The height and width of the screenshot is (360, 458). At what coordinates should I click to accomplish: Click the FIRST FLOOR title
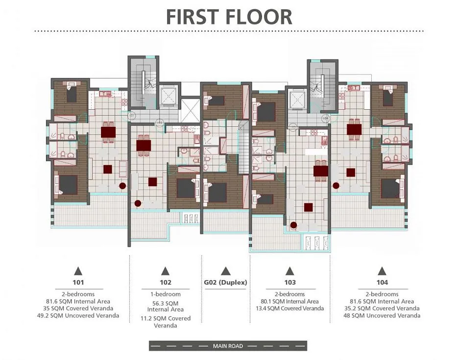[x=229, y=17]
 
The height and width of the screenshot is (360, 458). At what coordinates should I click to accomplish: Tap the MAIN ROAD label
[x=228, y=346]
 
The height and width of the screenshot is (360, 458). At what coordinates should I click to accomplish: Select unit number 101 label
[x=78, y=282]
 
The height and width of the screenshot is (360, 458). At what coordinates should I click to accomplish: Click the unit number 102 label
[x=166, y=282]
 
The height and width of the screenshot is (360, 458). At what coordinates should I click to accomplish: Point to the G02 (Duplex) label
[x=225, y=282]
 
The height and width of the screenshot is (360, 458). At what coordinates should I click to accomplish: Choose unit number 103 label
[x=290, y=282]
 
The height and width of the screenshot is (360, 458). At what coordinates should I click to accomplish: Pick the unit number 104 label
[x=382, y=282]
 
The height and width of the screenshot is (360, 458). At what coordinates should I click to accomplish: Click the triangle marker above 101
[x=78, y=271]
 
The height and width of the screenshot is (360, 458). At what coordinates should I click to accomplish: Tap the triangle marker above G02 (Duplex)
[x=225, y=271]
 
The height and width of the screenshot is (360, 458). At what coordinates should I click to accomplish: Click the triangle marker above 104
[x=382, y=271]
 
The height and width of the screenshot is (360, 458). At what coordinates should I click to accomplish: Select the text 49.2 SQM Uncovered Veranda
[x=78, y=315]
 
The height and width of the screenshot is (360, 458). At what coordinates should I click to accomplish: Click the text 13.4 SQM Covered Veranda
[x=290, y=308]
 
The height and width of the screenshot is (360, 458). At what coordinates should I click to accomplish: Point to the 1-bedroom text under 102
[x=166, y=294]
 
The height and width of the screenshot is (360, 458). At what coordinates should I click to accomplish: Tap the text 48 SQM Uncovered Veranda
[x=382, y=315]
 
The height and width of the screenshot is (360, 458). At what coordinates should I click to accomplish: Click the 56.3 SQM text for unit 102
[x=166, y=303]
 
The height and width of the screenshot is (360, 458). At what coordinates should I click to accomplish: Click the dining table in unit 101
[x=108, y=132]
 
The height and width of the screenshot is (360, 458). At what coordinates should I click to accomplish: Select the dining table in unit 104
[x=354, y=129]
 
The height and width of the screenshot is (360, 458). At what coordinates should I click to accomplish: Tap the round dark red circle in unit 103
[x=293, y=225]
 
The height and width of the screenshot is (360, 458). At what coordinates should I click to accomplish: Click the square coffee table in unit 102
[x=152, y=182]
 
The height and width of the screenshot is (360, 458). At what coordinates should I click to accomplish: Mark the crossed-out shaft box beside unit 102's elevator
[x=191, y=111]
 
